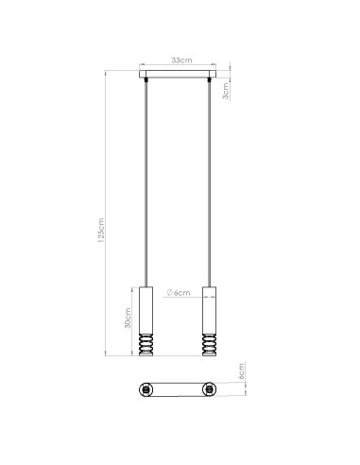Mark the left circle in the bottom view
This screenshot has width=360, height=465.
(146, 389)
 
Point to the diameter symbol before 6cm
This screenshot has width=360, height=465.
(169, 293)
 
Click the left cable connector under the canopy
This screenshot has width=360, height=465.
(146, 83)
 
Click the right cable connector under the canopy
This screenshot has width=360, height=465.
(210, 83)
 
